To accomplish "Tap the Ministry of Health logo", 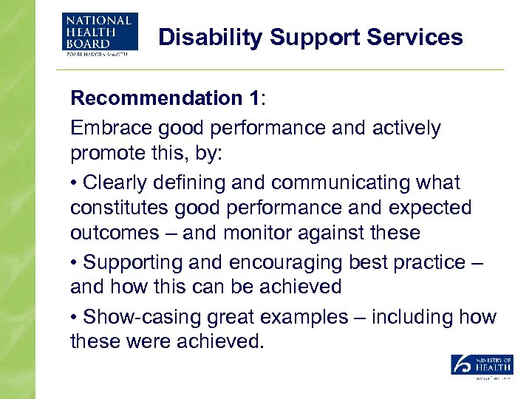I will [x=482, y=366].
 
